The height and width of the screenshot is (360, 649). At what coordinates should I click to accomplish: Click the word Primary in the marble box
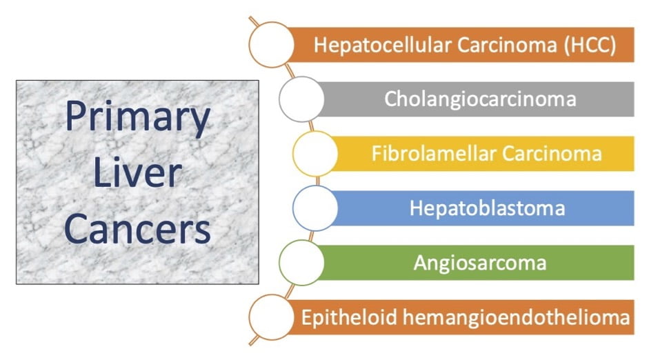tap(138, 117)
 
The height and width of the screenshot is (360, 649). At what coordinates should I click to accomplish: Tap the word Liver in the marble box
tap(137, 172)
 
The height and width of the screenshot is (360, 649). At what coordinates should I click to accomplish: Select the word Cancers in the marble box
tap(137, 229)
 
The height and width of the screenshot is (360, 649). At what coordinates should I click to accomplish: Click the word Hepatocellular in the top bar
tap(383, 45)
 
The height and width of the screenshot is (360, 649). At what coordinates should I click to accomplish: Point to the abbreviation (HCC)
tap(590, 45)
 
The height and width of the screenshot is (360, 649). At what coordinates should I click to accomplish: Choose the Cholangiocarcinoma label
tap(480, 99)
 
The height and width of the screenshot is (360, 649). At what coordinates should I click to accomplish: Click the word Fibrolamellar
tap(434, 154)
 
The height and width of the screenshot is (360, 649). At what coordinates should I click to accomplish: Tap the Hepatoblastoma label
tap(487, 208)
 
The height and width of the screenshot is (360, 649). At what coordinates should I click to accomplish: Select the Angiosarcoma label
tap(480, 263)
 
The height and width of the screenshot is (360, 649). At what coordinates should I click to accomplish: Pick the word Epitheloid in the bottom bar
tap(350, 317)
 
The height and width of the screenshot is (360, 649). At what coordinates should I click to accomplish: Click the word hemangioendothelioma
tap(516, 317)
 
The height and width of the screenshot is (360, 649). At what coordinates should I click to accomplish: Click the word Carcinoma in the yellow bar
tap(552, 154)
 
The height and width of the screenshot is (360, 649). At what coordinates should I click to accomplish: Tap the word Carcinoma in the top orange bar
tap(507, 45)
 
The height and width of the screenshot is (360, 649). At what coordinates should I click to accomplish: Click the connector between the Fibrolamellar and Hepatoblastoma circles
tap(317, 181)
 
